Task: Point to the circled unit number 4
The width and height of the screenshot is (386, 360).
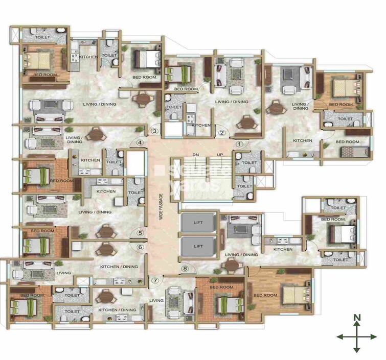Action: pyautogui.click(x=140, y=142)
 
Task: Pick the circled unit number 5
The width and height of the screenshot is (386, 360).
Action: pyautogui.click(x=140, y=234)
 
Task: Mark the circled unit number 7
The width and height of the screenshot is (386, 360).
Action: pyautogui.click(x=155, y=280)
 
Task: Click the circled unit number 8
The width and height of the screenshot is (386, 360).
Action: pyautogui.click(x=185, y=269)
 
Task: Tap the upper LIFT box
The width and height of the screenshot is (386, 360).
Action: pyautogui.click(x=198, y=223)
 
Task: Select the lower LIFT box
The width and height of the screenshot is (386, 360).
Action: pyautogui.click(x=198, y=246)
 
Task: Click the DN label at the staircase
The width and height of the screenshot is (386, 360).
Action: pyautogui.click(x=195, y=154)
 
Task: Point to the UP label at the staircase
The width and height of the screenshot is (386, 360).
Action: pyautogui.click(x=220, y=154)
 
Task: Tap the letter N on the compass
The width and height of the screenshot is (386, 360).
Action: pyautogui.click(x=357, y=318)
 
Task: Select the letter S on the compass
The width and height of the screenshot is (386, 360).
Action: pyautogui.click(x=357, y=351)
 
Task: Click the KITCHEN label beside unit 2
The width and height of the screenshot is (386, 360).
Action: pyautogui.click(x=201, y=125)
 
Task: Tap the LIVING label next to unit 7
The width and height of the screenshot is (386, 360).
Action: pyautogui.click(x=156, y=300)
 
